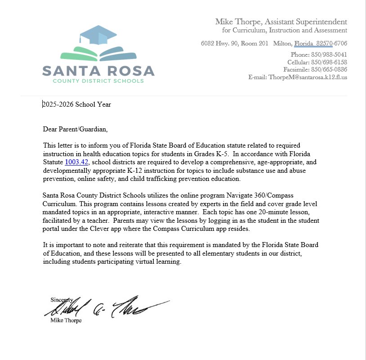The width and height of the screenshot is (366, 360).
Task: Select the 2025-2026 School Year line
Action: pyautogui.click(x=77, y=104)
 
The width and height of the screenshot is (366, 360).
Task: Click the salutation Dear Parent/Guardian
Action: pyautogui.click(x=76, y=129)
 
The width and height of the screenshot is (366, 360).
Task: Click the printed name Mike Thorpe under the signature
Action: pyautogui.click(x=67, y=321)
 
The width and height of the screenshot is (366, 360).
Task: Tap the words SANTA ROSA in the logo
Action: pyautogui.click(x=98, y=71)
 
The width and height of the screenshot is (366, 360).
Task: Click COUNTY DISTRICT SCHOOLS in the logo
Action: pyautogui.click(x=98, y=81)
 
